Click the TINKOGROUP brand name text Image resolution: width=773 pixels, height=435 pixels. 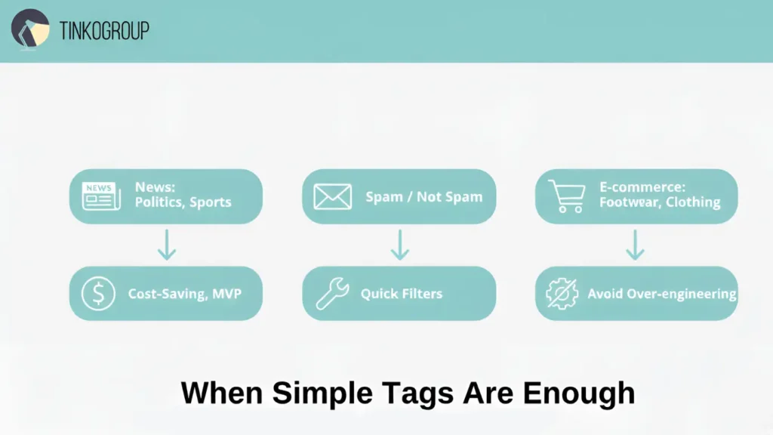point(104,30)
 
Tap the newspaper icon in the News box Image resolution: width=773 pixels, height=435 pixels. point(101,196)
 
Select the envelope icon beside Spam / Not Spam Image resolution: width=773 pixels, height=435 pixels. point(332,197)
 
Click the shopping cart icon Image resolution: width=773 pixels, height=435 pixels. point(565,196)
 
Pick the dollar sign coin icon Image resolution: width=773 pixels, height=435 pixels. point(99,293)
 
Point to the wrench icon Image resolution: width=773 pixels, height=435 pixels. point(331,293)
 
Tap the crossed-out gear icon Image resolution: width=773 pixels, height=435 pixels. point(562,294)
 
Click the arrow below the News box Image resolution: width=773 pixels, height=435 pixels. point(167,245)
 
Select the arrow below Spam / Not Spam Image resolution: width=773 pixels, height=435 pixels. point(399,245)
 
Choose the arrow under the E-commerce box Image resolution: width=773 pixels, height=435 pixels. point(636,245)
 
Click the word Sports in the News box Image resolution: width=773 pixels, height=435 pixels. point(211,202)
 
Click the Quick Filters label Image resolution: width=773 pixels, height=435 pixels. point(401,294)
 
